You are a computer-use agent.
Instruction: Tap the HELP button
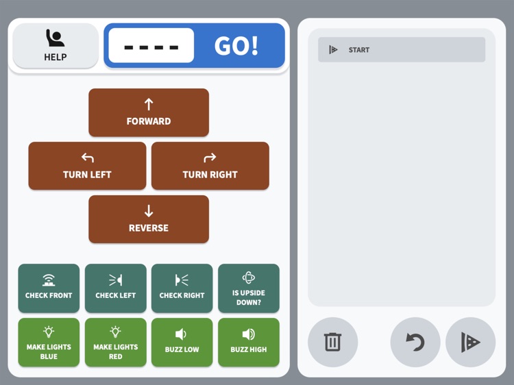[56, 46]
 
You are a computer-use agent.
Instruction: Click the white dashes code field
[151, 46]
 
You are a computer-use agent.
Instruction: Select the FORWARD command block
[149, 112]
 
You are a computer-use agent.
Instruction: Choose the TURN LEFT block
[87, 166]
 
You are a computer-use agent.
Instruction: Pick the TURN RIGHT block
[210, 166]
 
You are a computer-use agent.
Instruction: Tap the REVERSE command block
[149, 219]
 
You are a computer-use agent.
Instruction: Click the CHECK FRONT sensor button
[49, 288]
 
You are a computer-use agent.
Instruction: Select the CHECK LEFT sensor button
[115, 288]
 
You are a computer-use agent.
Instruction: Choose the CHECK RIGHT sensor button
[182, 288]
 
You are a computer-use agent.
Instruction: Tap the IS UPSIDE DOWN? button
[249, 288]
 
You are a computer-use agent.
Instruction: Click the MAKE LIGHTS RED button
[115, 342]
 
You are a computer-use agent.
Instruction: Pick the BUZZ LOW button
[182, 342]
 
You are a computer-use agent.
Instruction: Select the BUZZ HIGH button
[249, 342]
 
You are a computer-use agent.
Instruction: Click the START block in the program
[402, 50]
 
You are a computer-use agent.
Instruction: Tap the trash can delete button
[332, 342]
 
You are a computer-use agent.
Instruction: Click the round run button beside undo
[470, 342]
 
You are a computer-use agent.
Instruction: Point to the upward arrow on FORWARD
[149, 104]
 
